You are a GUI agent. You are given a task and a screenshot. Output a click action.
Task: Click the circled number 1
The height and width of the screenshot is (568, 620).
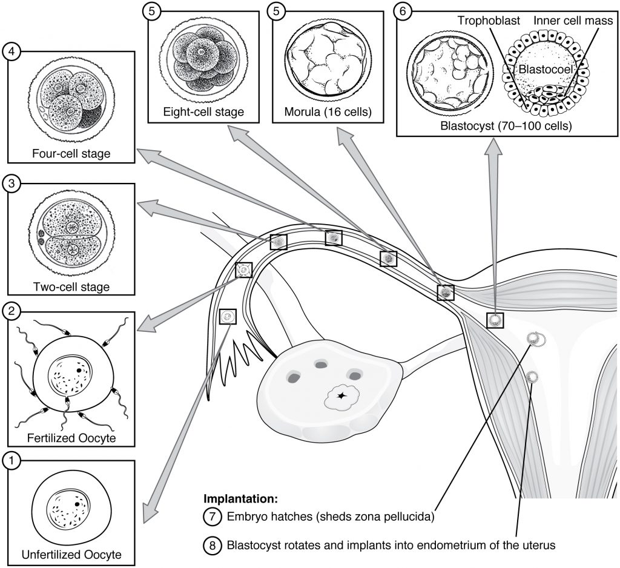click(12, 460)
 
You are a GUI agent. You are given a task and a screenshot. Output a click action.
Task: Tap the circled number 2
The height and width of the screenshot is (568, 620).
click(12, 312)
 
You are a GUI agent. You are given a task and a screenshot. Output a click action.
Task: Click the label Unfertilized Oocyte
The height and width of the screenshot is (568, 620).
click(71, 554)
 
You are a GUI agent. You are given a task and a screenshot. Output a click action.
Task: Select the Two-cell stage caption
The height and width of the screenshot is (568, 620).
click(71, 286)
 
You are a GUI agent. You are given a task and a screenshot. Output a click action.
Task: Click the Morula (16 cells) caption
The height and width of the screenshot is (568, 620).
click(328, 111)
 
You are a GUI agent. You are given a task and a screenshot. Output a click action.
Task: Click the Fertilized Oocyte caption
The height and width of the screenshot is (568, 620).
click(71, 437)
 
